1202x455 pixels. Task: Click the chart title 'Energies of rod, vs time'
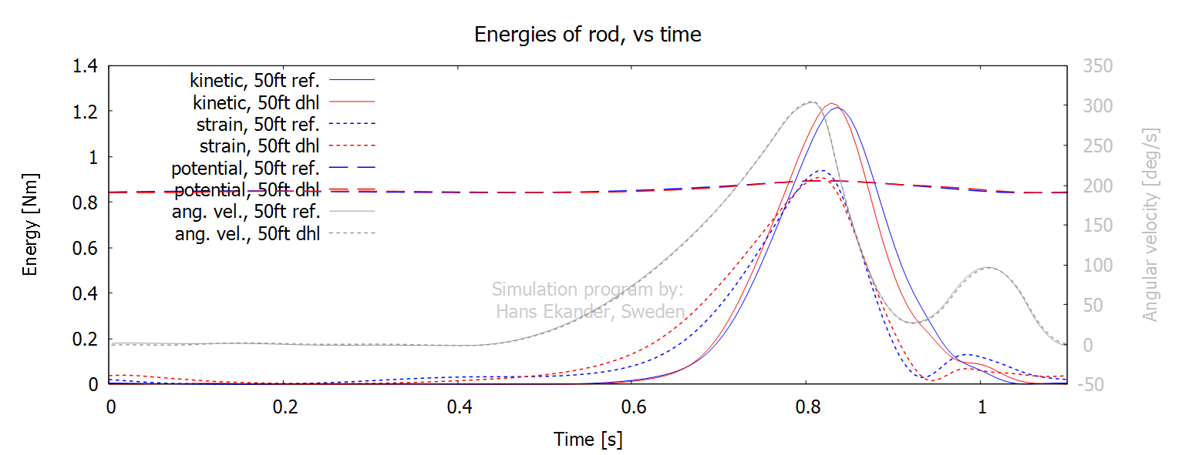click(588, 35)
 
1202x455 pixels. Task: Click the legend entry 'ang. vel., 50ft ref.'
click(251, 211)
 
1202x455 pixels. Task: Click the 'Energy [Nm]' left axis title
click(31, 224)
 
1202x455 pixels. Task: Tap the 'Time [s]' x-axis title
click(588, 440)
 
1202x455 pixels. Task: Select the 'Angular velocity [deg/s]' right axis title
click(1150, 224)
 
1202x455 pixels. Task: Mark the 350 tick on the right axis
click(1097, 66)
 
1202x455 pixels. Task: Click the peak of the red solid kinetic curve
click(831, 103)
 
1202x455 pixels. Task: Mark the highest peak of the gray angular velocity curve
click(811, 102)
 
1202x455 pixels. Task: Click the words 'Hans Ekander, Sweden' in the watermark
click(591, 311)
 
